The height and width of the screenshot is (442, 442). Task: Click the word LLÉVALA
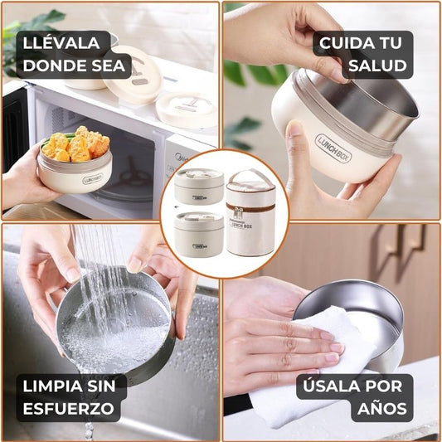coord(61,42)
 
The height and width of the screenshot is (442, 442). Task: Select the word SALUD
coord(377,66)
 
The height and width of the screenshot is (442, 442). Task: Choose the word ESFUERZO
coord(69,409)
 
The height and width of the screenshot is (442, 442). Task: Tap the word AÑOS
coord(382,408)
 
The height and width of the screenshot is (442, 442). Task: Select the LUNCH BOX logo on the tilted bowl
coord(333,148)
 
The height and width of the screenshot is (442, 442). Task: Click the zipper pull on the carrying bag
coord(238,212)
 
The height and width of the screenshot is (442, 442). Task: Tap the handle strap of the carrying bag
coord(250,176)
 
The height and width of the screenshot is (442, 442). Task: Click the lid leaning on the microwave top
coord(132,74)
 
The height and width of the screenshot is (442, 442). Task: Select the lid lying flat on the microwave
coord(187,109)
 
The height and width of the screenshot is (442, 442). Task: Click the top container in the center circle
coord(199,187)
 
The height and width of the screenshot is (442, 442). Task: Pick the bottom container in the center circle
coord(199,234)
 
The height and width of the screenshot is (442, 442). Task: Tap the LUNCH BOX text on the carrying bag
coord(241,226)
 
